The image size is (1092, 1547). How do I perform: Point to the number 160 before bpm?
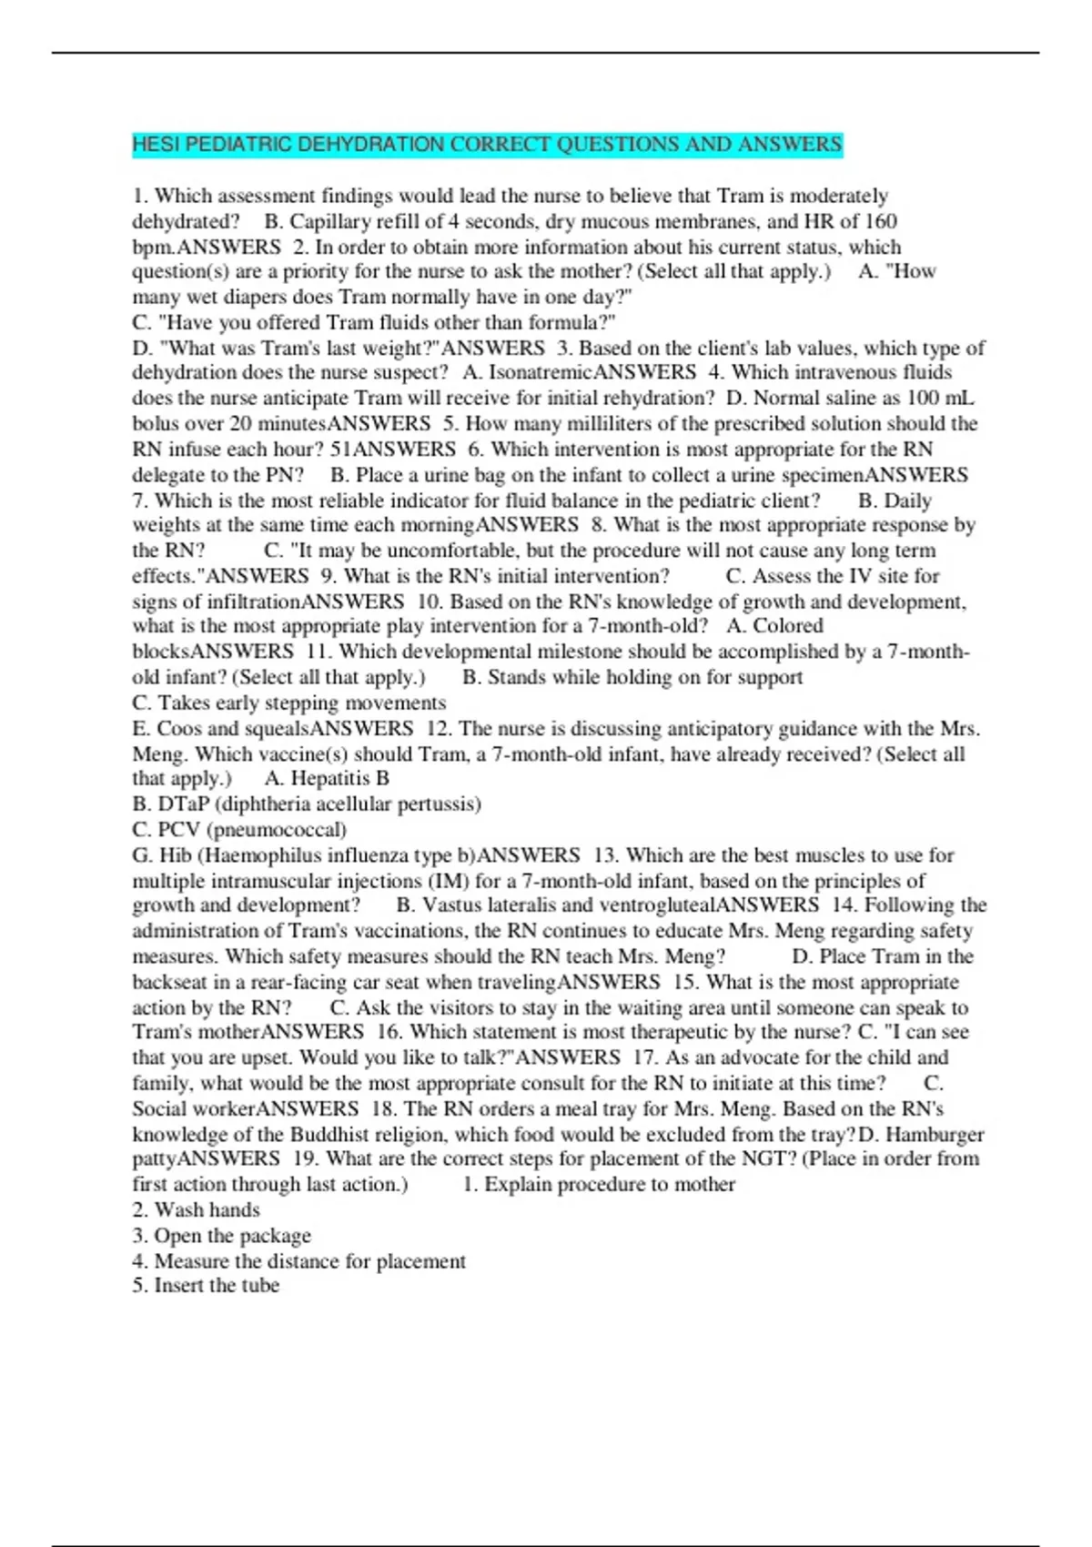click(880, 221)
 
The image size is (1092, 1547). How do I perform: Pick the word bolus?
click(157, 423)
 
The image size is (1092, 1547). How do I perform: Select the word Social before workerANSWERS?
click(162, 1108)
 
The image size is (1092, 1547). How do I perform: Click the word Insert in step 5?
click(180, 1286)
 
